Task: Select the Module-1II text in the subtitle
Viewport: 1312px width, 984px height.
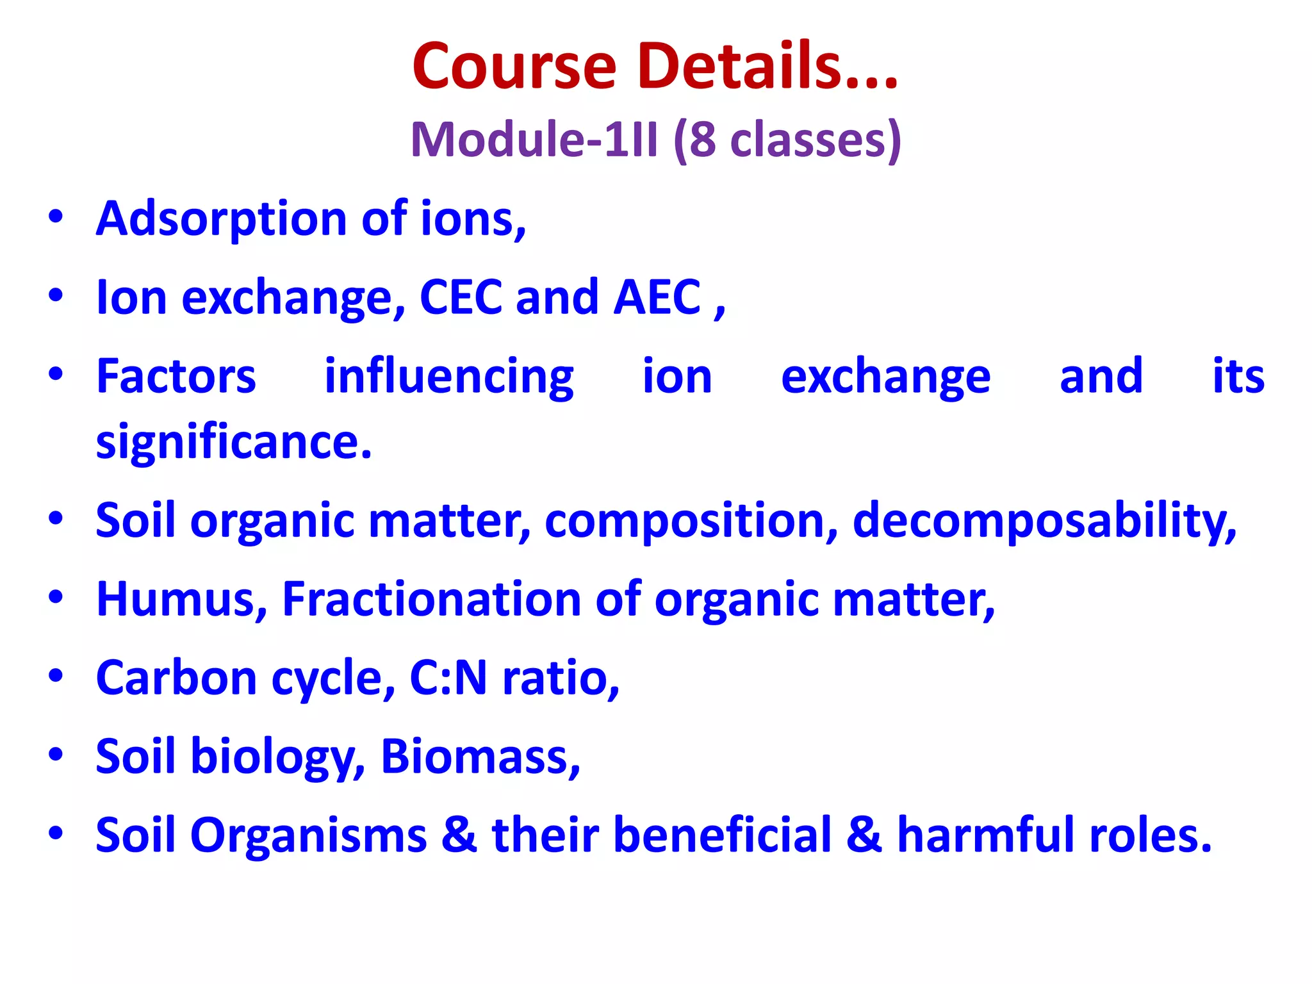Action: [x=534, y=139]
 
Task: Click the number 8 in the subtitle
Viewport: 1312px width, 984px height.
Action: [x=703, y=139]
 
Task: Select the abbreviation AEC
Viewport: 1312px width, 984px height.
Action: [x=657, y=297]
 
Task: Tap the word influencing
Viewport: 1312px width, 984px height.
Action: [x=449, y=377]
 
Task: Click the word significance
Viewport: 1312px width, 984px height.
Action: [x=233, y=443]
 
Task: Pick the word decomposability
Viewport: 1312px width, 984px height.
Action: [x=1044, y=520]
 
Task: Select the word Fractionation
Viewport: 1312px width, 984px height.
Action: [x=430, y=599]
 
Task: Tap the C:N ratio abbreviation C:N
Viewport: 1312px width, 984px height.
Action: [x=448, y=678]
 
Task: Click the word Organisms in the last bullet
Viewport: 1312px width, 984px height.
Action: [x=308, y=835]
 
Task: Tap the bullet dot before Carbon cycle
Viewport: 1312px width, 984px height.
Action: [x=56, y=676]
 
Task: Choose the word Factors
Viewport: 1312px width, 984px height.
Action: [x=176, y=377]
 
